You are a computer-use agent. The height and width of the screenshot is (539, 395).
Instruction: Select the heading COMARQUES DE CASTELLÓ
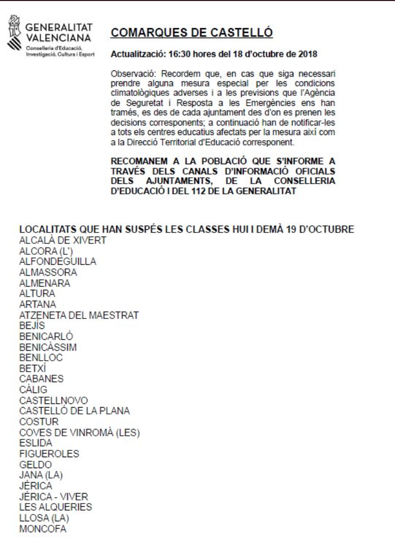pyautogui.click(x=192, y=34)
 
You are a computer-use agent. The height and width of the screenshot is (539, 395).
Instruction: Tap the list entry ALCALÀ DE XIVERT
pyautogui.click(x=63, y=240)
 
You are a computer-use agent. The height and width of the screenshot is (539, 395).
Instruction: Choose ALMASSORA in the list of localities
pyautogui.click(x=47, y=272)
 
